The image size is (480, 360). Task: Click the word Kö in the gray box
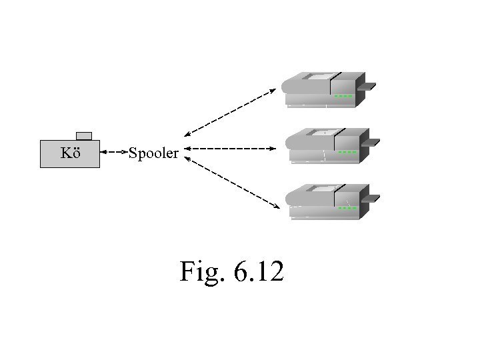point(70,153)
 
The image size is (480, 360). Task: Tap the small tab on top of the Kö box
point(84,136)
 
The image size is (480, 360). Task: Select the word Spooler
point(153,154)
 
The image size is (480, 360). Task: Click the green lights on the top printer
point(343,96)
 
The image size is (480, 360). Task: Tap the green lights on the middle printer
point(347,152)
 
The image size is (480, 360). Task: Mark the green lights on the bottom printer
point(347,207)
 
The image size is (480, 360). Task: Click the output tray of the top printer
point(367,86)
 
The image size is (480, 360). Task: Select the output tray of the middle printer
point(371,142)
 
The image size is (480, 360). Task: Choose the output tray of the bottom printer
point(371,198)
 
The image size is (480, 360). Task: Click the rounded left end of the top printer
point(289,85)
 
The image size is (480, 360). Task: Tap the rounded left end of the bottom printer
point(292,197)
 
